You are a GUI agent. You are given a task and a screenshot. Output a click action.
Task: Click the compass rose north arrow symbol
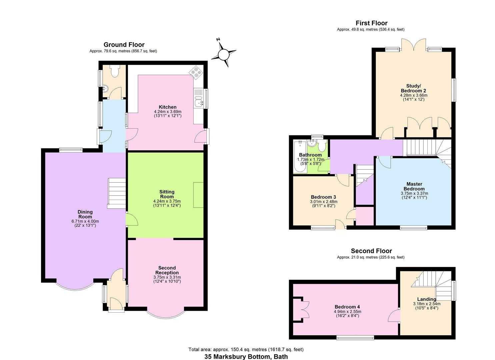click(224, 54)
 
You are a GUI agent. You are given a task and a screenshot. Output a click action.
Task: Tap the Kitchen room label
click(167, 107)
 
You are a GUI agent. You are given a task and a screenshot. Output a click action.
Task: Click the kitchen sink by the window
click(199, 103)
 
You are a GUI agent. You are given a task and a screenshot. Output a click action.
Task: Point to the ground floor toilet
click(115, 71)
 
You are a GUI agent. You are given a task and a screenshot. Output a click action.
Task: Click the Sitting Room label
click(167, 194)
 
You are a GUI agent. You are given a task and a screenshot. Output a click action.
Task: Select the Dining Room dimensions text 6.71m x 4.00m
click(85, 221)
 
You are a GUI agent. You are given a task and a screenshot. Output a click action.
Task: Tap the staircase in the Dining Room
click(116, 193)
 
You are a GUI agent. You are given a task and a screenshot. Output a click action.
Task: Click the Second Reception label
click(167, 270)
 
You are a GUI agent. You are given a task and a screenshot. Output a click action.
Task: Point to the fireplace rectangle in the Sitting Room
click(198, 195)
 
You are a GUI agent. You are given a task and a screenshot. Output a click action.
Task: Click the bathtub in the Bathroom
click(299, 158)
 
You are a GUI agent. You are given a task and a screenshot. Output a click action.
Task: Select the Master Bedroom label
click(414, 186)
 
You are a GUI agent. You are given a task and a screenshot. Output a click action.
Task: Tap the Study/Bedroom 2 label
click(413, 88)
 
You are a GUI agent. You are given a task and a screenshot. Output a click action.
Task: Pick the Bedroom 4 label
click(347, 307)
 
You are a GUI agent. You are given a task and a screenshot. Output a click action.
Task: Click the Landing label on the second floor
click(426, 299)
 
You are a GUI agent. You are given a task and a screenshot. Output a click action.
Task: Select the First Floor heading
click(371, 23)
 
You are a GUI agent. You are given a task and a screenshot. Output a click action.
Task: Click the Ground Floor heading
click(124, 45)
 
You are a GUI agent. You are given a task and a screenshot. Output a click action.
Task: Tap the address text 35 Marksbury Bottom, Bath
click(246, 356)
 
